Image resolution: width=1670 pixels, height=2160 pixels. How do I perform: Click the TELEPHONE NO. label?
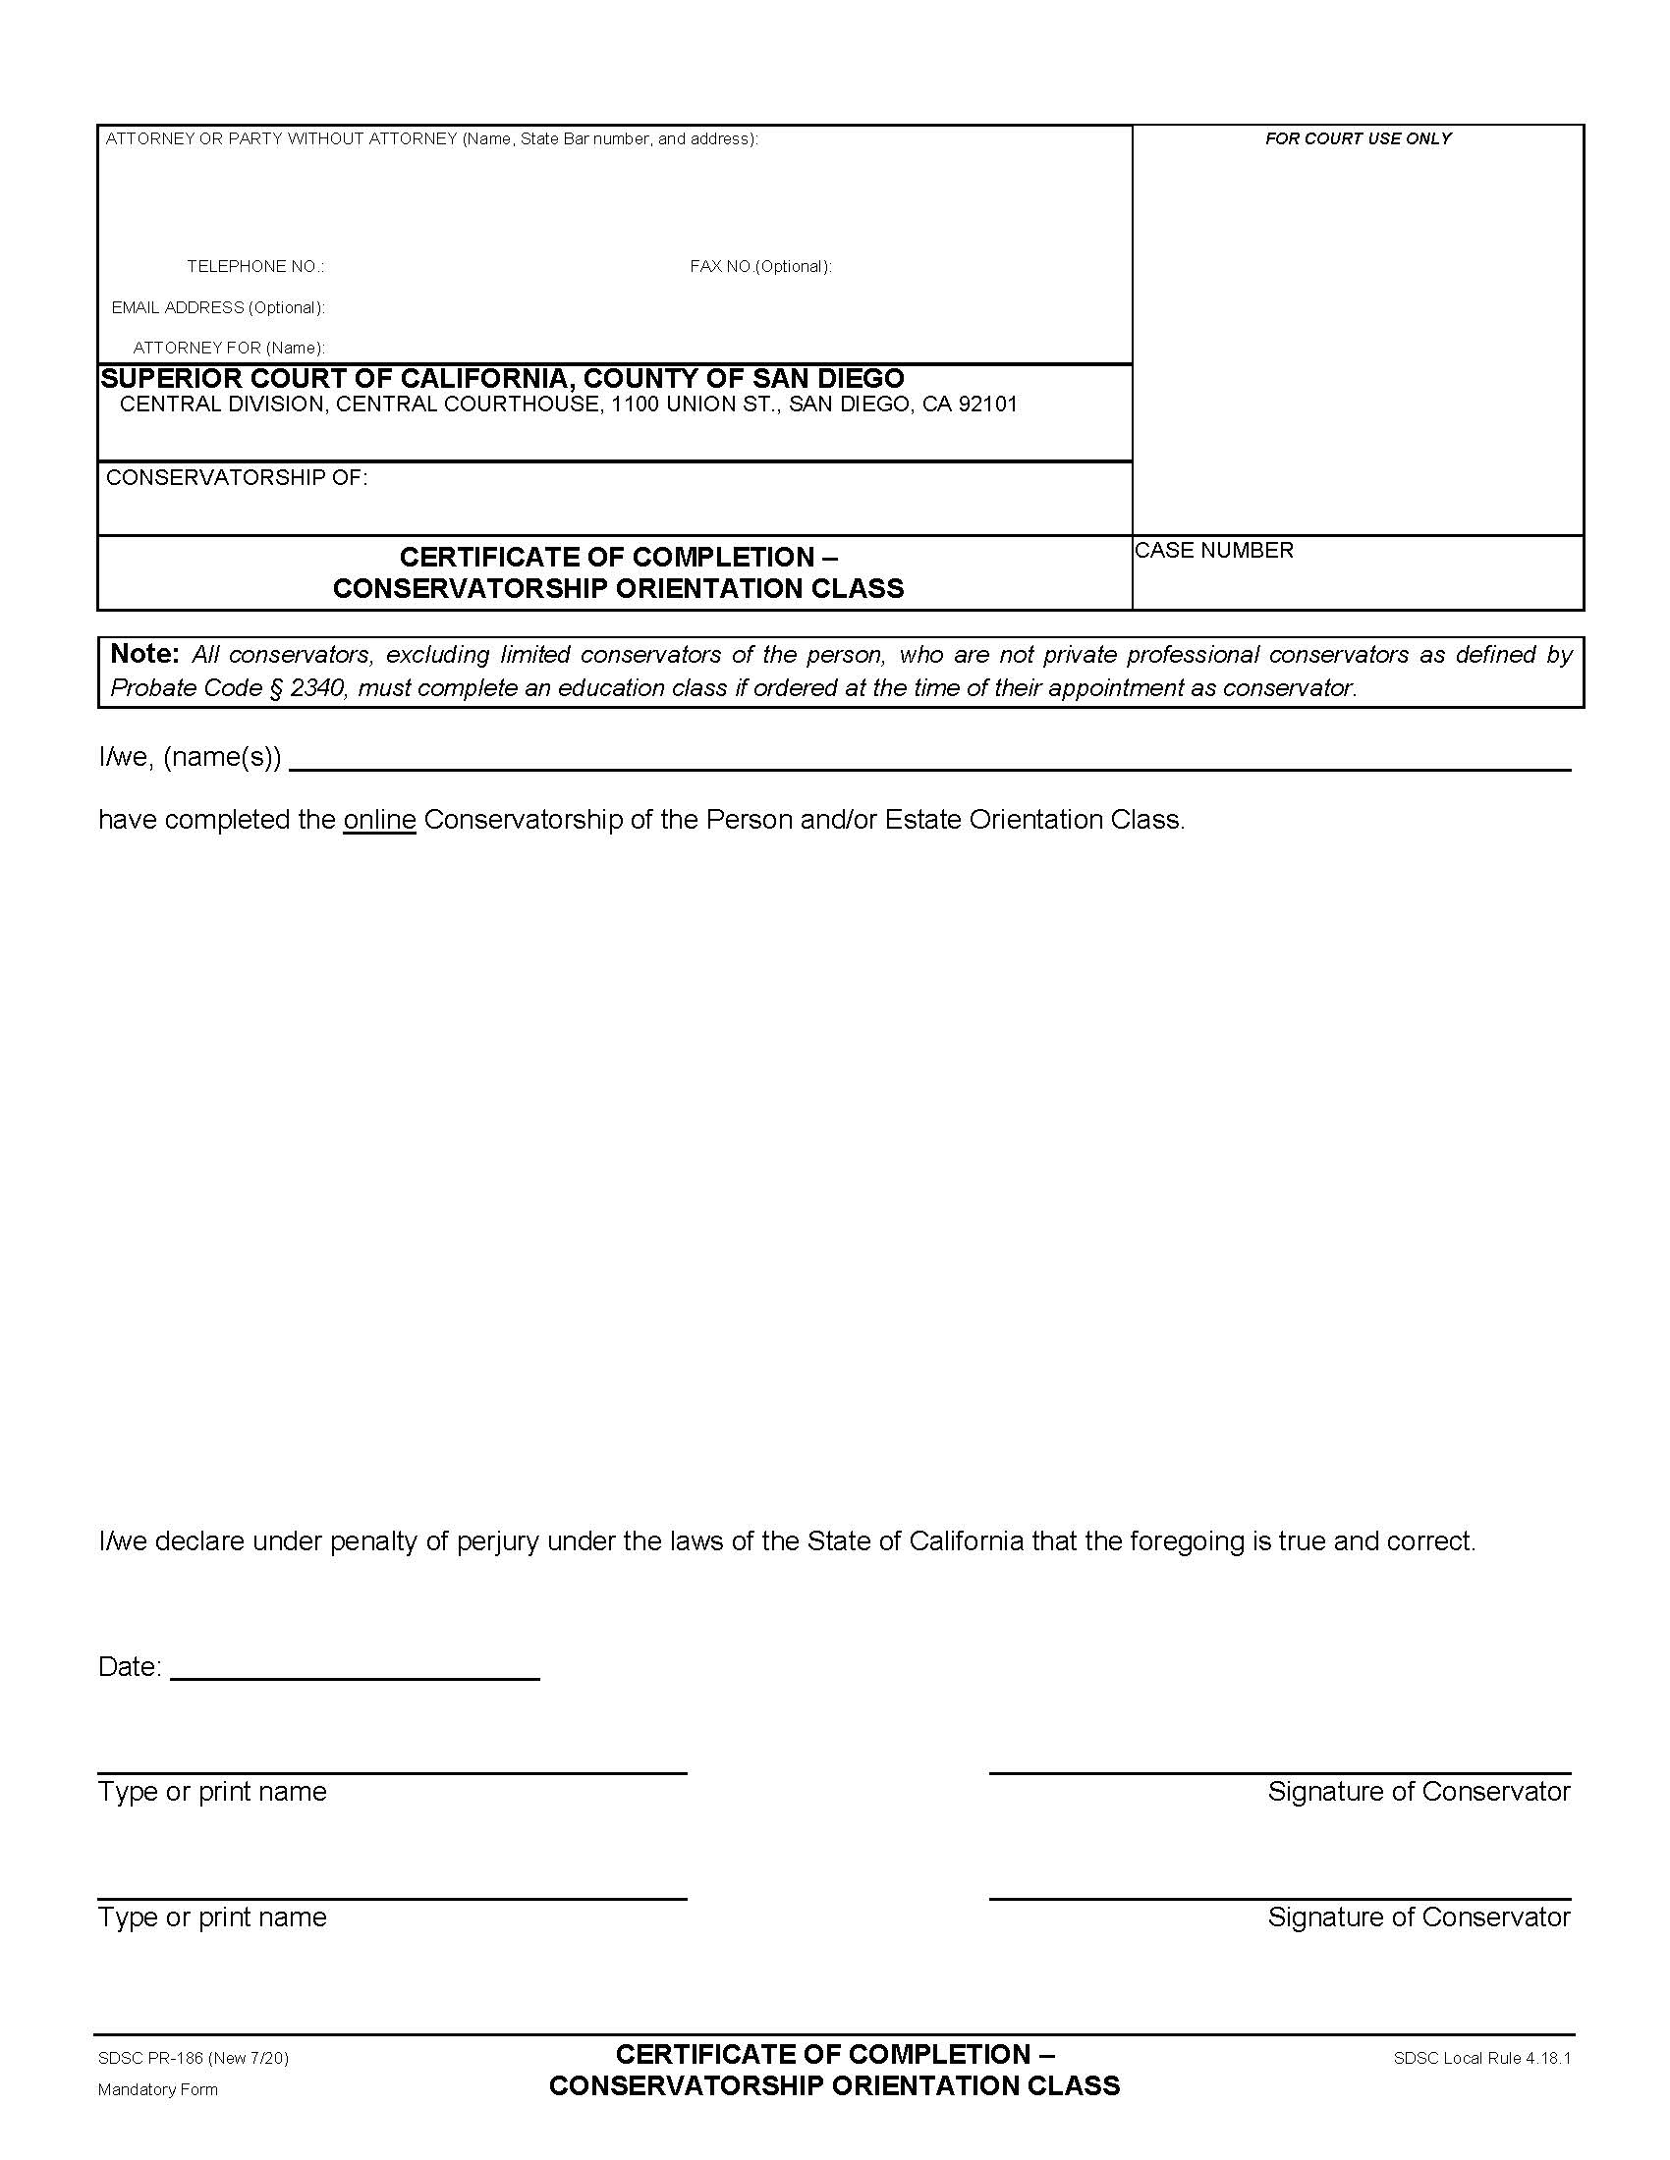[x=255, y=267]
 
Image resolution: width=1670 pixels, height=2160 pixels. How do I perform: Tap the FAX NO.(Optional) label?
[x=759, y=267]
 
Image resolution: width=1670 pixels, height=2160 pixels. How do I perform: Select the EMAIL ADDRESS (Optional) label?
[x=218, y=307]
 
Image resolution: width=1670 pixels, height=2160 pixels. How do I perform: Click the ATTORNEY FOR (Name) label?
[x=229, y=349]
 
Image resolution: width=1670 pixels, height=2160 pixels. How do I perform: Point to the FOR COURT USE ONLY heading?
[x=1358, y=139]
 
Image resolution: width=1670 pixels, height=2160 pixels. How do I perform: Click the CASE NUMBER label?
[x=1214, y=551]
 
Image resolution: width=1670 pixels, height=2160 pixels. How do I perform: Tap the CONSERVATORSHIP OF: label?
[x=237, y=479]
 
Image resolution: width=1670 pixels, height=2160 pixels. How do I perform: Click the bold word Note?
[x=144, y=654]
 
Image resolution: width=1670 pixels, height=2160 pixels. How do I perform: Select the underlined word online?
[x=379, y=820]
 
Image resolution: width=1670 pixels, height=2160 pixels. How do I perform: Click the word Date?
[x=130, y=1667]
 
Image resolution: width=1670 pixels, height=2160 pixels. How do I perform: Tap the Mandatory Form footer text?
[x=157, y=2089]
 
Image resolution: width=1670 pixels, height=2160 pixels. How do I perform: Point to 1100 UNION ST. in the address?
[x=694, y=405]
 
